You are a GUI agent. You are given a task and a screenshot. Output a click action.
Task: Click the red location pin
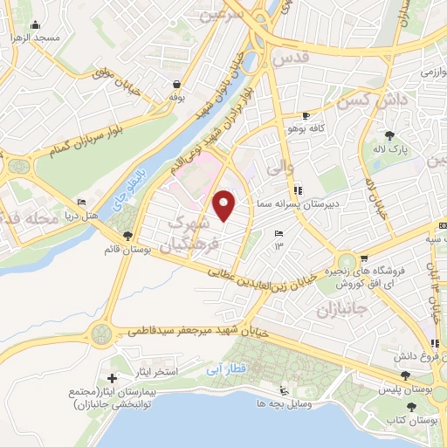coord(225,206)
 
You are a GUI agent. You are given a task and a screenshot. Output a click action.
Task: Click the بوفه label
coord(177,97)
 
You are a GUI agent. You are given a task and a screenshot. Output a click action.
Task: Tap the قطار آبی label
coord(223,368)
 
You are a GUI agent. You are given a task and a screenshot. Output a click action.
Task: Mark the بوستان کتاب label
coord(419,422)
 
